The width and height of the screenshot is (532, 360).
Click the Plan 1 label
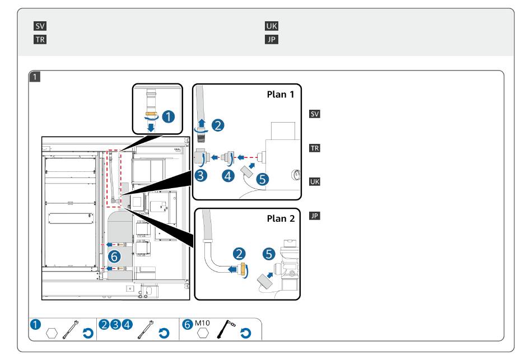pyautogui.click(x=280, y=94)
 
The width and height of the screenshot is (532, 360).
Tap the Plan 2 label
pyautogui.click(x=280, y=218)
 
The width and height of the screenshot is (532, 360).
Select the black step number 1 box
pyautogui.click(x=35, y=77)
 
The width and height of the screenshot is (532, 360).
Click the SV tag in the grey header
pyautogui.click(x=40, y=26)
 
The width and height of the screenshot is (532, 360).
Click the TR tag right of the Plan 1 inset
pyautogui.click(x=315, y=148)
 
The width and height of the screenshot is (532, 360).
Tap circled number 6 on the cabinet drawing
pyautogui.click(x=114, y=258)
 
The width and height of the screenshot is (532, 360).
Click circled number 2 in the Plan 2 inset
pyautogui.click(x=241, y=254)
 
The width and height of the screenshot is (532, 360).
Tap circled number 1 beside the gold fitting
pyautogui.click(x=167, y=117)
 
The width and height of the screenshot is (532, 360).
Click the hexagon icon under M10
pyautogui.click(x=203, y=333)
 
